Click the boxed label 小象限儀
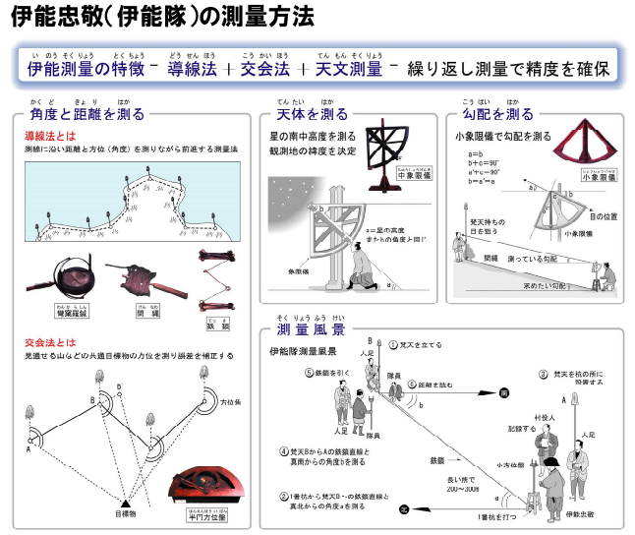[x=582, y=180]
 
